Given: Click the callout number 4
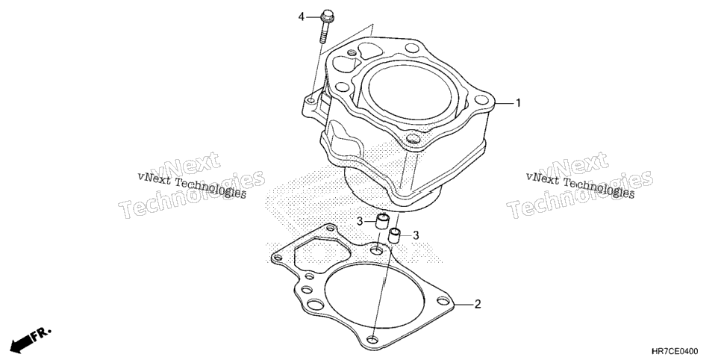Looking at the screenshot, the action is tap(302, 17).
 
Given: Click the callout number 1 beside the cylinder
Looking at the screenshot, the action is tap(518, 103).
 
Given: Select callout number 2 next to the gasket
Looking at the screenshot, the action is tap(477, 304).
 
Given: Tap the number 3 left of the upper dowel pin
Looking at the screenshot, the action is tap(360, 222).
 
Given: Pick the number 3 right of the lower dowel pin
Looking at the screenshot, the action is tap(416, 236).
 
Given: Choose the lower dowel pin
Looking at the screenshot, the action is tap(395, 235).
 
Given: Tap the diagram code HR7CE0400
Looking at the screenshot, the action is tap(674, 353).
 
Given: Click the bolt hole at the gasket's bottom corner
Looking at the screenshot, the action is tap(373, 340).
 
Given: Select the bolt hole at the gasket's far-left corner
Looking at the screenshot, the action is tap(277, 258).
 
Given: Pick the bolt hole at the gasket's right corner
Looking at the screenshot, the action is tap(443, 301).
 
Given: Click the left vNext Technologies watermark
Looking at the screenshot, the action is tap(192, 185).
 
